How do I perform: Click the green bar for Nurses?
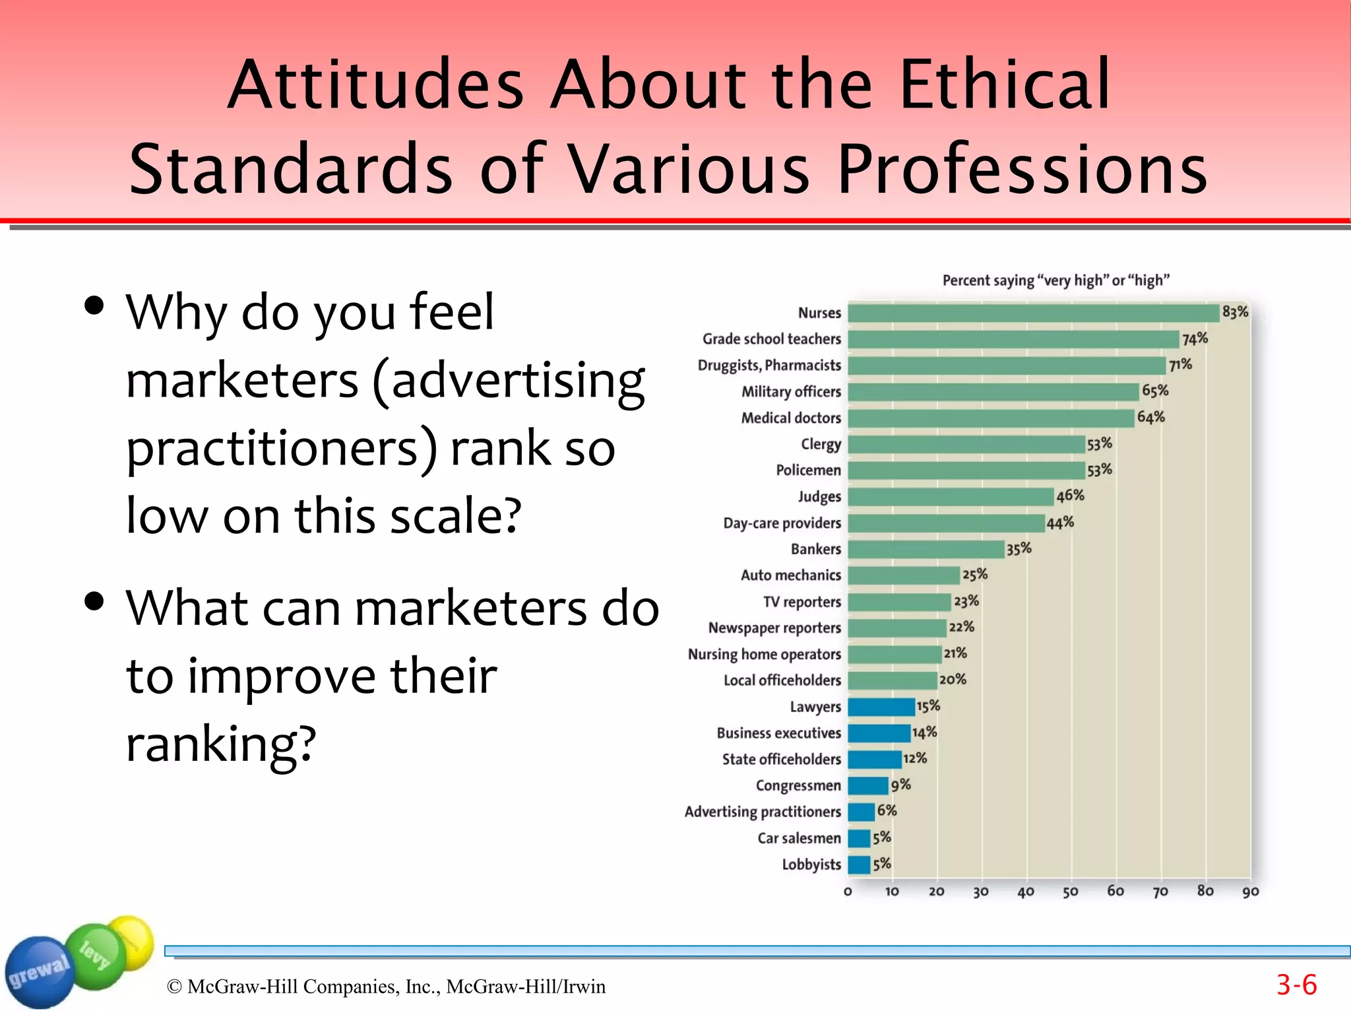pos(1033,313)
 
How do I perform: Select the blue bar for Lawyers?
pos(881,707)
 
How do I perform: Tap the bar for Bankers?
pos(926,549)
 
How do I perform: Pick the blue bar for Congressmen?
pos(867,785)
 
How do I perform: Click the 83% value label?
pos(1235,311)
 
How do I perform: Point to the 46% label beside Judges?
pos(1070,496)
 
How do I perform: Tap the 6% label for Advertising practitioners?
pos(887,810)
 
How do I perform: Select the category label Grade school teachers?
pos(771,339)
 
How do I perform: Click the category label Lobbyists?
pos(811,865)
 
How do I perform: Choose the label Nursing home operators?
pos(764,654)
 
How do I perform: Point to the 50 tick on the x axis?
pos(1070,892)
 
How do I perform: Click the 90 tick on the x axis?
pos(1250,892)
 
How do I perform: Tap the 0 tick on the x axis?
pos(848,892)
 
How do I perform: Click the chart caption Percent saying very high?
pos(1055,280)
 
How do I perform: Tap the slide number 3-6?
pos(1296,985)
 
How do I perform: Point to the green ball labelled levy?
pos(96,955)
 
